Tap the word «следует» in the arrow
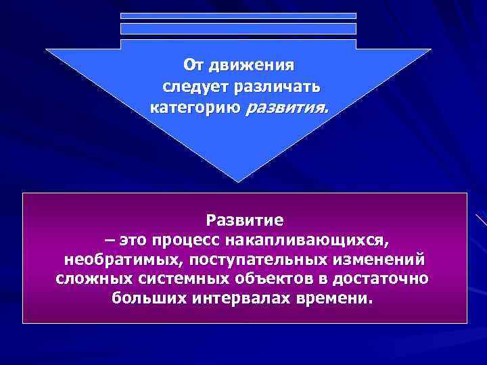click(x=193, y=87)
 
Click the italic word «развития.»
click(x=285, y=107)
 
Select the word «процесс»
click(x=187, y=240)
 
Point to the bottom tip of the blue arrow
click(x=238, y=180)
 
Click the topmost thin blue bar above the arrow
click(x=238, y=16)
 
